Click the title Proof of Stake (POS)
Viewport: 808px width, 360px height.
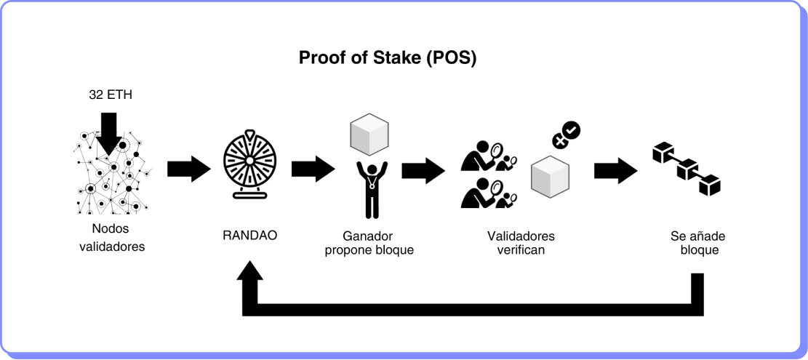(388, 58)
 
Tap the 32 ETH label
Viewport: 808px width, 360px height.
(109, 95)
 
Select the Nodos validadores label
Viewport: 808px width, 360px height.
(112, 238)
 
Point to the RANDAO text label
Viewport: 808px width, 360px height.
(249, 236)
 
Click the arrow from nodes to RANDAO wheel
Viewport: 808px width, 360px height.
(188, 169)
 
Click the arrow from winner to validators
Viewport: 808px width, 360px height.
(423, 170)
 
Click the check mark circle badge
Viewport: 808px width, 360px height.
(572, 129)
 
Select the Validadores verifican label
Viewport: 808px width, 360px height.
(521, 244)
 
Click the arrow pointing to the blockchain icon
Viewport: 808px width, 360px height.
(615, 170)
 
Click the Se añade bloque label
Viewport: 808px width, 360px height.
(698, 243)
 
